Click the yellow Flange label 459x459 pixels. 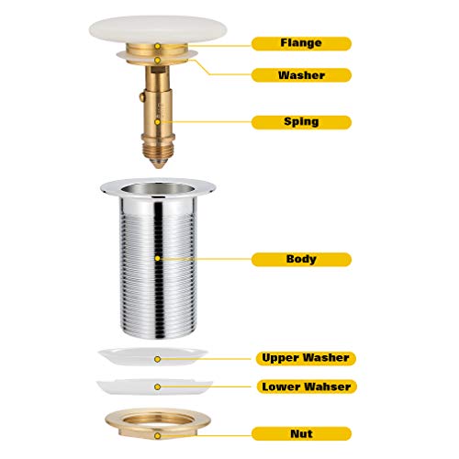coord(301,43)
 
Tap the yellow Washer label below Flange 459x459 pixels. coord(301,75)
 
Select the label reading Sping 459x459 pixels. coord(301,122)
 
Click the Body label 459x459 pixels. coord(301,259)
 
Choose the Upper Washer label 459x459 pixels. coord(306,358)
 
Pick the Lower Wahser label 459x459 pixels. coord(307,386)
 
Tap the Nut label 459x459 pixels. coord(301,433)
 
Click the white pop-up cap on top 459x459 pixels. coord(158,29)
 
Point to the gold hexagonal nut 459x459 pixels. coord(158,424)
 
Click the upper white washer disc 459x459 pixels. coord(153,356)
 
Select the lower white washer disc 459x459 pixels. coord(154,386)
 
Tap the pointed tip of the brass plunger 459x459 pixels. coord(158,167)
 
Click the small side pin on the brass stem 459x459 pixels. coord(141,97)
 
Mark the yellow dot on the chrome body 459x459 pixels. coord(158,259)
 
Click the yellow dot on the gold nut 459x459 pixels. coord(158,436)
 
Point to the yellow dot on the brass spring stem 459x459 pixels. coord(158,122)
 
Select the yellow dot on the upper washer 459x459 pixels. coord(158,359)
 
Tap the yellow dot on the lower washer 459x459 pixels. coord(158,387)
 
